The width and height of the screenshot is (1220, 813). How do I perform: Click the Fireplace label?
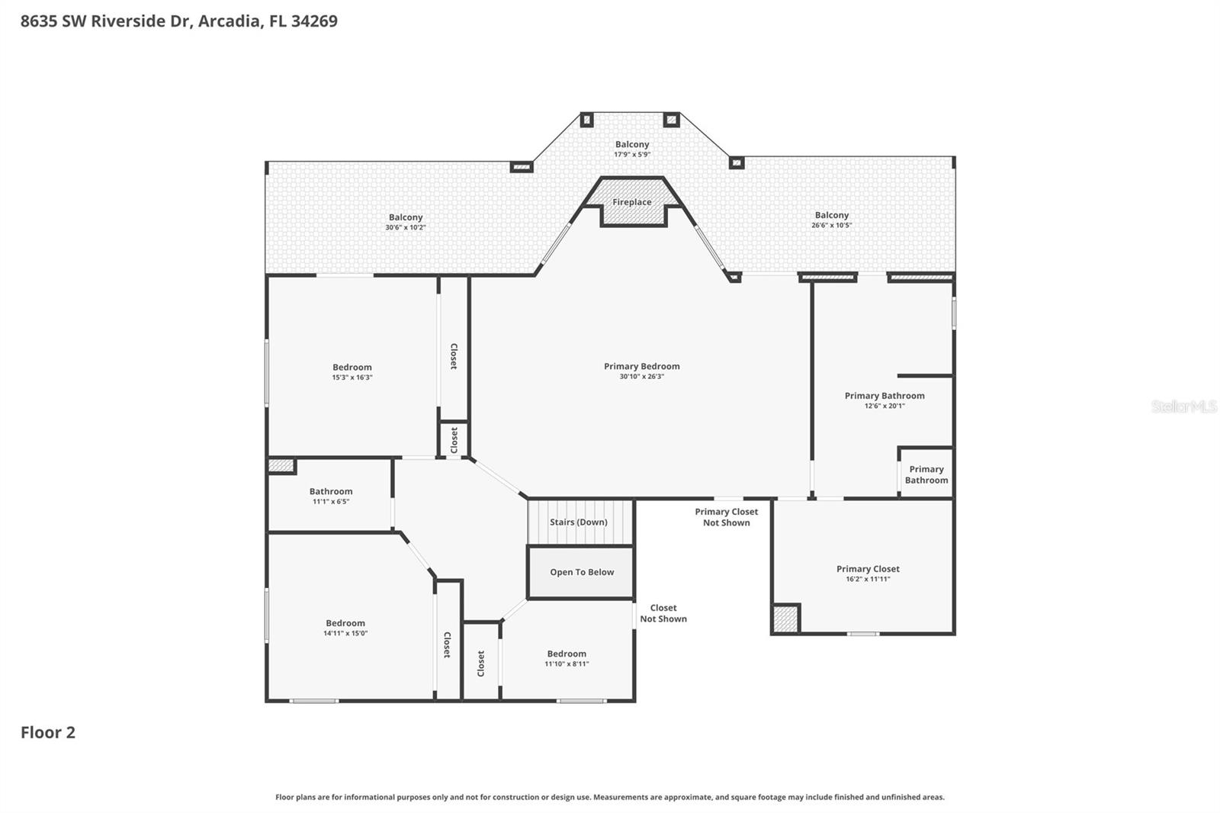632,202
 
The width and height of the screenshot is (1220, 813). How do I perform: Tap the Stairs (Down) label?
579,522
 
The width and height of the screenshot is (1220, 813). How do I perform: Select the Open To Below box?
581,572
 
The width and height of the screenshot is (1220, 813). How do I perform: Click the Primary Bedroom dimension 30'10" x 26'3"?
641,377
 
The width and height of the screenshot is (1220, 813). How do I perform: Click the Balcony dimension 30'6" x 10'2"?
406,227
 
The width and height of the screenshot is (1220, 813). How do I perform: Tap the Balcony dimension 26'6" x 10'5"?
831,225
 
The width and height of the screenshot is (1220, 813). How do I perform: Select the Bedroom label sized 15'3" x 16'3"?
352,368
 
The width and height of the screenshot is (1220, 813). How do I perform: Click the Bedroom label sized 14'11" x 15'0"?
345,623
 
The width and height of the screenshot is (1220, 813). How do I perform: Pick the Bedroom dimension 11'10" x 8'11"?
567,664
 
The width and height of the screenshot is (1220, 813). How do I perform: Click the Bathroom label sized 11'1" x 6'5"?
331,491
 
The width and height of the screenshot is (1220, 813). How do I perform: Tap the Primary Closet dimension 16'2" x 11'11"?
868,579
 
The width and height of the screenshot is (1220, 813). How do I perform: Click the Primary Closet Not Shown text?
726,517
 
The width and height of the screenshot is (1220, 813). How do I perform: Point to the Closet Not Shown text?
663,613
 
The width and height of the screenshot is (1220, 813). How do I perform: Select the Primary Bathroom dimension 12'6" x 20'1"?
884,406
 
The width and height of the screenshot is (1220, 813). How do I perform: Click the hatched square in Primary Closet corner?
785,619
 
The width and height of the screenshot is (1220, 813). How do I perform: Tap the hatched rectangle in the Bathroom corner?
281,465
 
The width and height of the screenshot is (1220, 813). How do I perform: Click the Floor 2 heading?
48,732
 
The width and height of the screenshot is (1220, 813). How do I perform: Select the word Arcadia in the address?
229,21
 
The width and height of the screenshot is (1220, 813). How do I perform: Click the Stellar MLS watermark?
1183,406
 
